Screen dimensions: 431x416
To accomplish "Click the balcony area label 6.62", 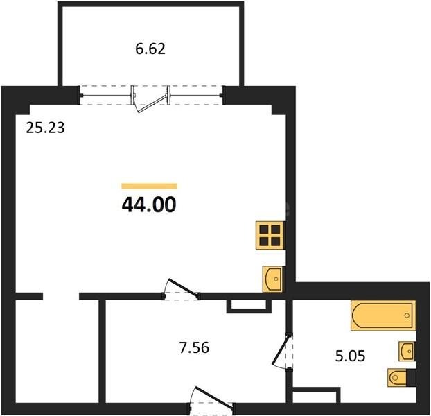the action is pos(150,49).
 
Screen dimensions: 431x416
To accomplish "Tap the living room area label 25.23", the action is pos(45,128).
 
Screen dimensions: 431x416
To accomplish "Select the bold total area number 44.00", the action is pos(149,205).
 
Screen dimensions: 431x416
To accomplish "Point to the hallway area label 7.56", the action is pos(194,347).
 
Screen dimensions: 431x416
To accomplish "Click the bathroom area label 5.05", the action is pos(350,356).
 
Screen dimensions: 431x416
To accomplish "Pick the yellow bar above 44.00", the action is pos(149,186).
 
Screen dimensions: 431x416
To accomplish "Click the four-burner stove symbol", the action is pos(270,235).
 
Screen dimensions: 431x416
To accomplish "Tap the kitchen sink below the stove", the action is pos(272,279).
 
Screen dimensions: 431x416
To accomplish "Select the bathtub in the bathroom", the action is pos(383,315).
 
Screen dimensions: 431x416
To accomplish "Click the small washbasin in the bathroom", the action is pos(406,351).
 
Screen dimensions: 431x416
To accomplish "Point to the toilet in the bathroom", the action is pos(398,378).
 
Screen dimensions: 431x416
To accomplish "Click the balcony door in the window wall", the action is pos(150,100).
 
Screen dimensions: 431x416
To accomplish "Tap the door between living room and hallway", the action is pos(182,288).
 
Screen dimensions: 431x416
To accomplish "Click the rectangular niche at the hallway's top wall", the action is pos(249,305).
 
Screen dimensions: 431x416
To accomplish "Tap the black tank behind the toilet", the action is pos(411,378).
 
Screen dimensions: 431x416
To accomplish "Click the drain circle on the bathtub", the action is pos(407,315).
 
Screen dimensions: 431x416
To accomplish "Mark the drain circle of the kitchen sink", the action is pos(276,279).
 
